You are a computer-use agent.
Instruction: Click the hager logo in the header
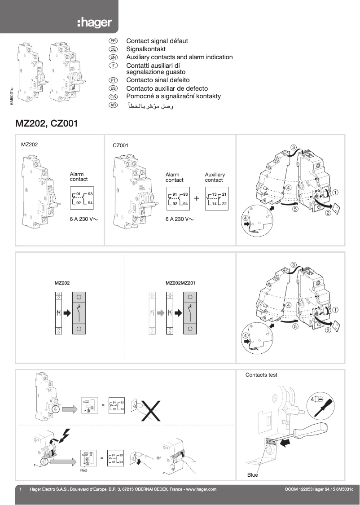click(94, 23)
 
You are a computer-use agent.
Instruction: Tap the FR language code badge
click(113, 41)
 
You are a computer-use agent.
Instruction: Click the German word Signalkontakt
click(146, 49)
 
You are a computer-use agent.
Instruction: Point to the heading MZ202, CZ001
click(47, 123)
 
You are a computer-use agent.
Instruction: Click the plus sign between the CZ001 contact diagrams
click(197, 198)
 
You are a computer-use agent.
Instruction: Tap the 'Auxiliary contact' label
click(215, 177)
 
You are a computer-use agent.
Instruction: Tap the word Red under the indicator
click(83, 470)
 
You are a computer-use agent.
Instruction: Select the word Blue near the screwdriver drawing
click(253, 475)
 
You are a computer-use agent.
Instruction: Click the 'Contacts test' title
click(261, 374)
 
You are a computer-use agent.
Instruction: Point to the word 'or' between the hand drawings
click(158, 458)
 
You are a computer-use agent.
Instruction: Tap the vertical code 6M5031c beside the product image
click(12, 96)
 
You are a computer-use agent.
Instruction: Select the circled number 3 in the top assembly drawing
click(293, 147)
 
